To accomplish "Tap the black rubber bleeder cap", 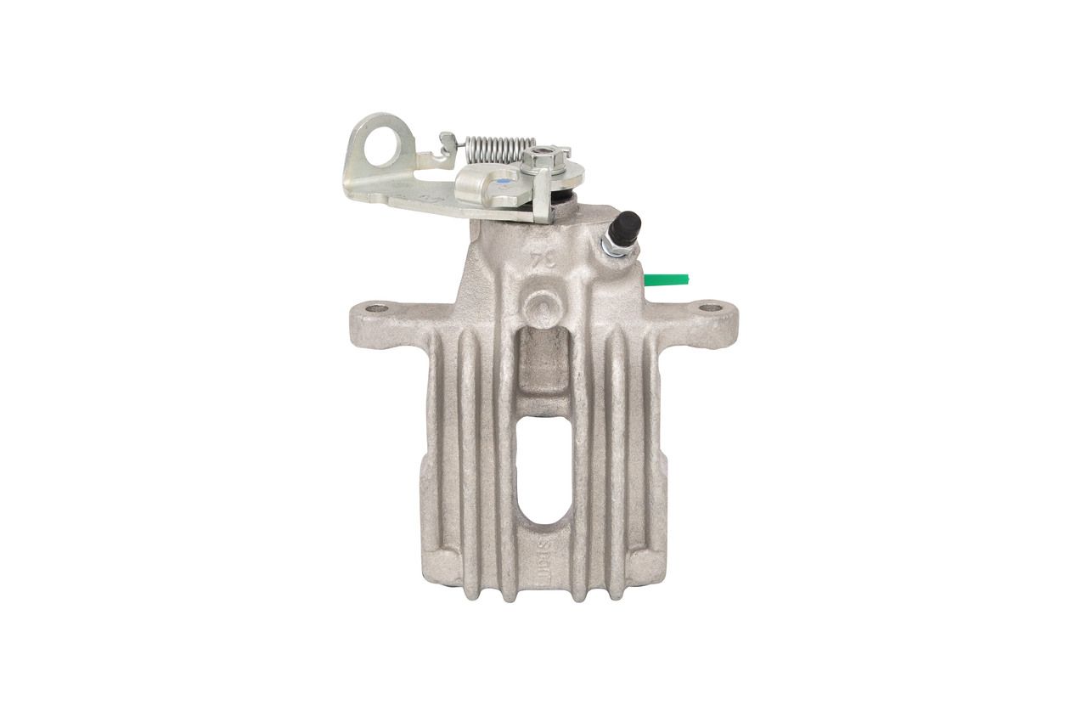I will (629, 226).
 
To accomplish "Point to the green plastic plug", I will (667, 279).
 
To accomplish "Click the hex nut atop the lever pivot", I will (539, 158).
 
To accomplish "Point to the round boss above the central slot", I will (542, 306).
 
